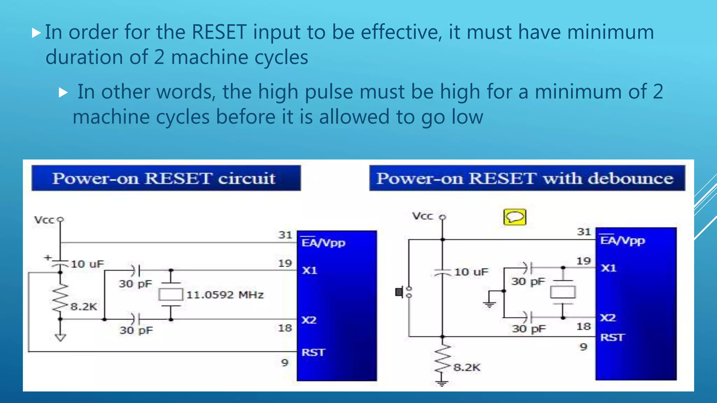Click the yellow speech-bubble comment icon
[514, 217]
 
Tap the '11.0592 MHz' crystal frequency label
[225, 295]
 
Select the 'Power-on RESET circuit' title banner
[166, 178]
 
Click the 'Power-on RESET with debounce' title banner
[527, 178]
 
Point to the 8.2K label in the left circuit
[84, 307]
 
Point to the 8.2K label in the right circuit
[467, 367]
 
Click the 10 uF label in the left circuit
[88, 264]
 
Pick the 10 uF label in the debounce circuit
[471, 272]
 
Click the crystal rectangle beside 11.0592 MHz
[170, 295]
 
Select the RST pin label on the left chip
[313, 352]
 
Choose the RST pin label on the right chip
[612, 337]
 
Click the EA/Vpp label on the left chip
[323, 242]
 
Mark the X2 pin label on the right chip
[608, 318]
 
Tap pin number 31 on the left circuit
[285, 235]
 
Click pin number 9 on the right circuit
[583, 347]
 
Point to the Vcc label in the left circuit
[44, 220]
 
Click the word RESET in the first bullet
[219, 32]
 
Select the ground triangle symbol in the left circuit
[60, 338]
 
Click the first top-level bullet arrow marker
[36, 33]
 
